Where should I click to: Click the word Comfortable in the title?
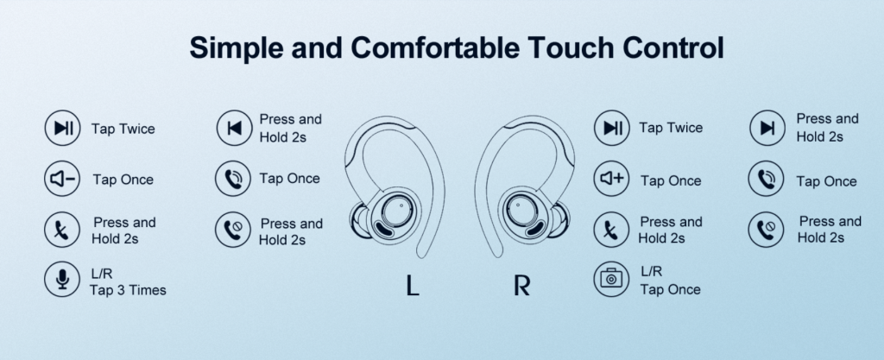pyautogui.click(x=435, y=47)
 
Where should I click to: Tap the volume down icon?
pyautogui.click(x=62, y=180)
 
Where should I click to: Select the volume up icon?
pyautogui.click(x=612, y=179)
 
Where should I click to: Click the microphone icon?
pyautogui.click(x=62, y=279)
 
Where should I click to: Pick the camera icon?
pyautogui.click(x=611, y=279)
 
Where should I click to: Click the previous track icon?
pyautogui.click(x=235, y=128)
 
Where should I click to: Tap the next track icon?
pyautogui.click(x=767, y=128)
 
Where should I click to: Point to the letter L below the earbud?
pyautogui.click(x=413, y=285)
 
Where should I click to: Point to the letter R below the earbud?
pyautogui.click(x=522, y=285)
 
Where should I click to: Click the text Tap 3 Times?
pyautogui.click(x=128, y=290)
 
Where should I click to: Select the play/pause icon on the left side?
pyautogui.click(x=62, y=128)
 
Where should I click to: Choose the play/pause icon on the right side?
pyautogui.click(x=612, y=128)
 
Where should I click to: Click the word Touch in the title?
pyautogui.click(x=571, y=47)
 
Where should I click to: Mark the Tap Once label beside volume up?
pyautogui.click(x=671, y=180)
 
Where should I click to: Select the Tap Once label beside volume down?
pyautogui.click(x=123, y=180)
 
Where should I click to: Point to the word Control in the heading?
pyautogui.click(x=673, y=47)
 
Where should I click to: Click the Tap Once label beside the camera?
pyautogui.click(x=670, y=289)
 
